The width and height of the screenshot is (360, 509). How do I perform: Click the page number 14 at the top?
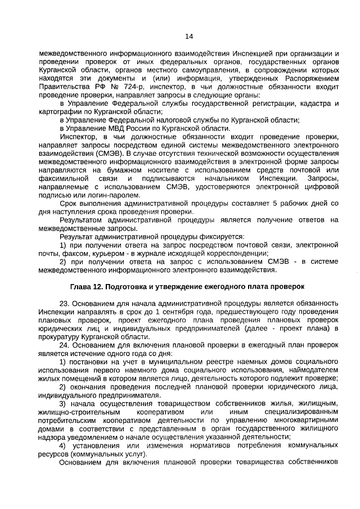click(x=189, y=37)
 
